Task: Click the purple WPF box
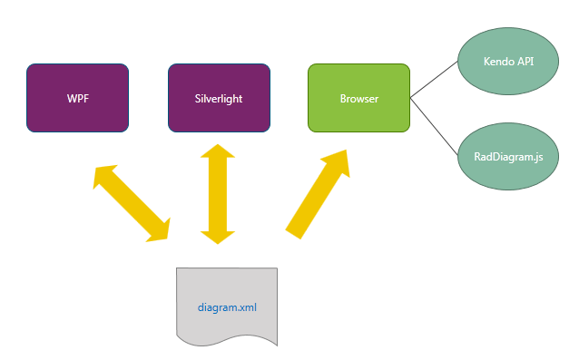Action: click(x=78, y=98)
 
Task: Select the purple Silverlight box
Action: click(x=219, y=98)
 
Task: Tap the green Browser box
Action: click(x=359, y=98)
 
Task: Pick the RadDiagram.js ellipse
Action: click(x=508, y=157)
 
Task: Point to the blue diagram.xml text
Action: click(x=227, y=306)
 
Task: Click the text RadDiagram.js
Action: click(x=508, y=157)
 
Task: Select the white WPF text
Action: click(x=78, y=98)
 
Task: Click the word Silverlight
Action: click(x=219, y=98)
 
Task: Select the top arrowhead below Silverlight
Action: click(x=218, y=153)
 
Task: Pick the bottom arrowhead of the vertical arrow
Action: click(x=218, y=235)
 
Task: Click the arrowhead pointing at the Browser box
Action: click(x=338, y=162)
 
